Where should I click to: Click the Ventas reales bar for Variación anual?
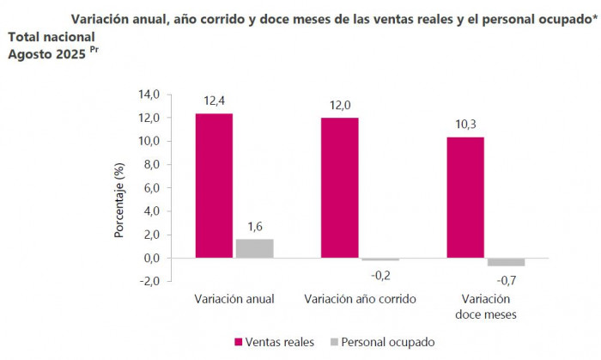coord(214,185)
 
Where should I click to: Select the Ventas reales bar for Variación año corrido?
coord(339,187)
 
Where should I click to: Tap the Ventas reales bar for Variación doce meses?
coord(465,197)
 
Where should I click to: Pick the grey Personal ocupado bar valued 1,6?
coord(255,248)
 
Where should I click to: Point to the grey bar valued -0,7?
coord(506,261)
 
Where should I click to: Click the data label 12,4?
coord(215,101)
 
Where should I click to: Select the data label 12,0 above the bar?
coord(340,105)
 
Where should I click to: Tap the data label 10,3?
coord(465,125)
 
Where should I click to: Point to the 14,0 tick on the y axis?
coord(150,95)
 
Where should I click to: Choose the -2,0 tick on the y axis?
coord(151,281)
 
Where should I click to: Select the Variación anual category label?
coord(234,299)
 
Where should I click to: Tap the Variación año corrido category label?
coord(361,299)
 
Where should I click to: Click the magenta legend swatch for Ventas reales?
coord(239,341)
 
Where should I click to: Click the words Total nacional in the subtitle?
coord(52,38)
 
